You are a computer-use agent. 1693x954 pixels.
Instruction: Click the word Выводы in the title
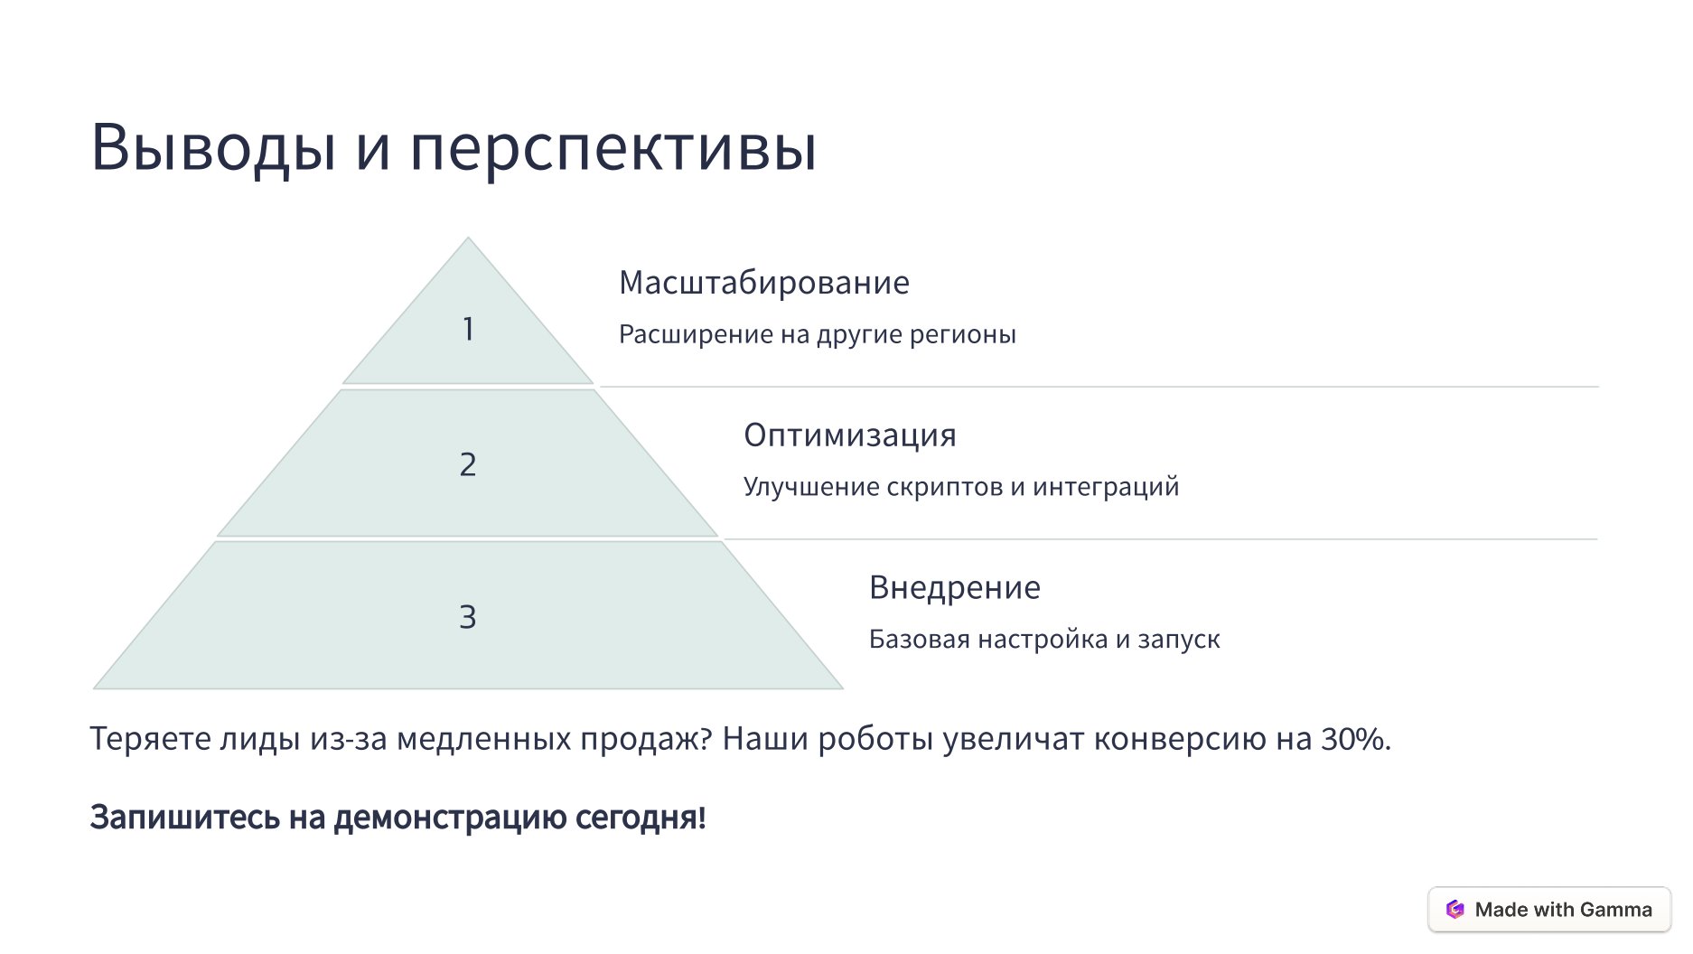[213, 146]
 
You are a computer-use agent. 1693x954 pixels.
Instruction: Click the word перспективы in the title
[613, 148]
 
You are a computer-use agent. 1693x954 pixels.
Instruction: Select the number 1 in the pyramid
[468, 329]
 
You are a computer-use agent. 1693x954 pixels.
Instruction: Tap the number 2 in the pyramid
[468, 464]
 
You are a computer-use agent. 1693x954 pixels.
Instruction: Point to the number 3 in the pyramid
[468, 617]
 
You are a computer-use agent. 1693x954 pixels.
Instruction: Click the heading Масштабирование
[763, 283]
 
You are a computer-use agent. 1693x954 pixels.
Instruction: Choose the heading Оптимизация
[849, 435]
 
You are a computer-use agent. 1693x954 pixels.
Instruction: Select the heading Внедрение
[954, 588]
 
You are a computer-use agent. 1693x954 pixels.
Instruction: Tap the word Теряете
[149, 740]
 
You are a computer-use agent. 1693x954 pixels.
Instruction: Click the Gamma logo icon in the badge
[1454, 910]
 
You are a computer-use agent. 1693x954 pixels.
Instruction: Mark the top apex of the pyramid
[468, 239]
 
